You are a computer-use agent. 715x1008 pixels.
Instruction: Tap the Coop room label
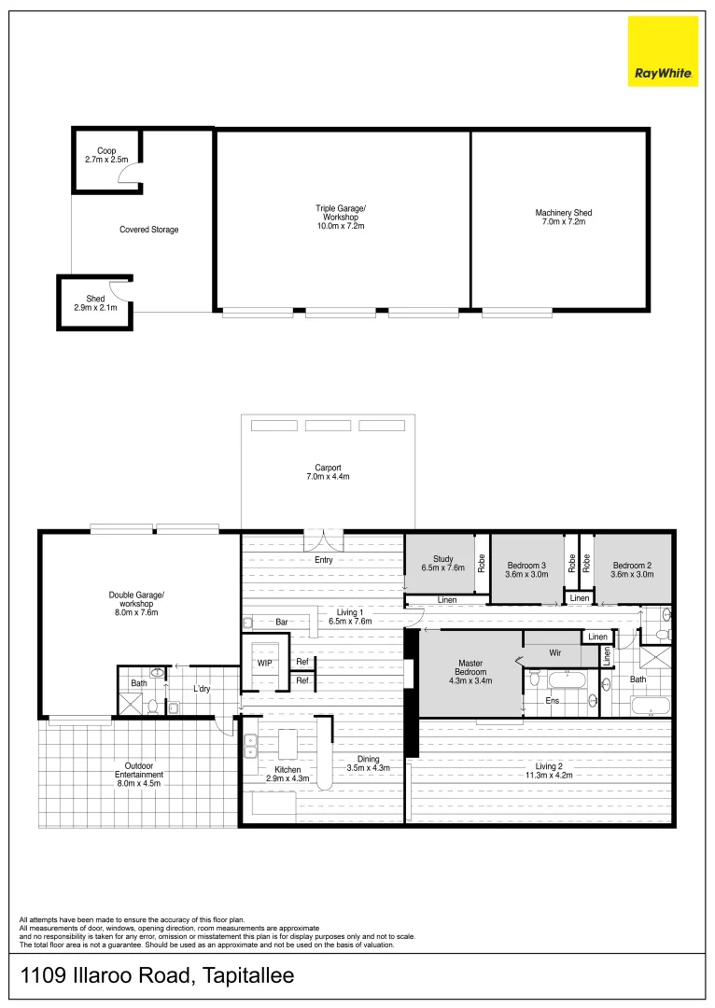(x=106, y=155)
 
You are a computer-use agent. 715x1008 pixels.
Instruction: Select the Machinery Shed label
(x=563, y=217)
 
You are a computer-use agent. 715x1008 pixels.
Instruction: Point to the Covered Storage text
(x=148, y=230)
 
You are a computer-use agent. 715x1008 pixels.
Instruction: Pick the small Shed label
(x=95, y=302)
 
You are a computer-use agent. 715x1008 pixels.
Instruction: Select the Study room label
(x=442, y=563)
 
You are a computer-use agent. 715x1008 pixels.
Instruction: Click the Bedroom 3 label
(x=526, y=569)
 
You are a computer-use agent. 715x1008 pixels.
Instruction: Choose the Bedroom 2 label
(x=632, y=569)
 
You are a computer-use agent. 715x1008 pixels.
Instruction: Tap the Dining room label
(x=369, y=763)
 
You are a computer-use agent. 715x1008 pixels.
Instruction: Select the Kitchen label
(x=287, y=773)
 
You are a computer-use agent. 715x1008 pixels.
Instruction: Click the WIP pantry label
(x=265, y=664)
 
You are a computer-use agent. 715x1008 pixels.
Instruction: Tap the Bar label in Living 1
(x=281, y=622)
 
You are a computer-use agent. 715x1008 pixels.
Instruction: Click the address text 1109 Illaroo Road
(x=157, y=977)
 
